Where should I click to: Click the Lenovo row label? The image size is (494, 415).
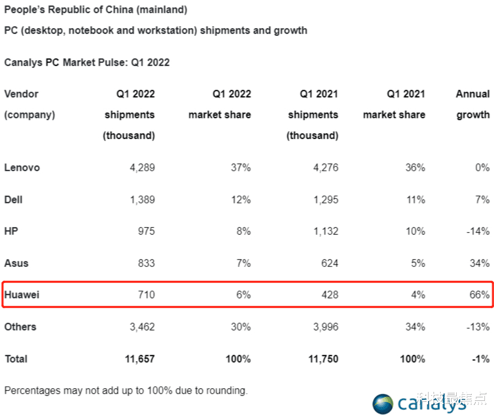pyautogui.click(x=22, y=168)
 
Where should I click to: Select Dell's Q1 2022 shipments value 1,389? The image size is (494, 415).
pyautogui.click(x=142, y=200)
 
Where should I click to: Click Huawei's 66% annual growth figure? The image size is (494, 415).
pyautogui.click(x=479, y=295)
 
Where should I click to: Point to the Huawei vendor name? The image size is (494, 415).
pyautogui.click(x=22, y=295)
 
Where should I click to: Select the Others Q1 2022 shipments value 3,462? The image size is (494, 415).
pyautogui.click(x=142, y=327)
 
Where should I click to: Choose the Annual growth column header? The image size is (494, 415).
pyautogui.click(x=473, y=104)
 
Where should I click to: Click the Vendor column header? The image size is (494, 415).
pyautogui.click(x=21, y=94)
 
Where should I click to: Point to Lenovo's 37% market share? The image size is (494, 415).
pyautogui.click(x=241, y=168)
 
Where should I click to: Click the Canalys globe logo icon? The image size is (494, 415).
pyautogui.click(x=383, y=404)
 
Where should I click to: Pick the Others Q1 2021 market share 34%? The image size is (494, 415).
pyautogui.click(x=415, y=327)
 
